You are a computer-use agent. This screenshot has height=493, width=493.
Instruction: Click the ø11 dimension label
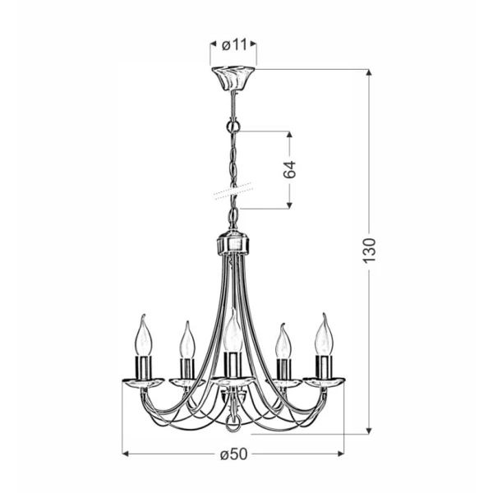[x=233, y=45]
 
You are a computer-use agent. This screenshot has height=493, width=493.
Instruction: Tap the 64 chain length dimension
[x=289, y=170]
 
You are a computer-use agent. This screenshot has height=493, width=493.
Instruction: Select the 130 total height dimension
[x=370, y=248]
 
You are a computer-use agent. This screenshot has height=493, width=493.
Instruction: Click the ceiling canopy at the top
[x=233, y=79]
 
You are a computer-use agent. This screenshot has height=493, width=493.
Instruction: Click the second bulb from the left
[x=187, y=340]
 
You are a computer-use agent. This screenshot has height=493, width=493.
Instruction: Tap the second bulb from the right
[x=283, y=341]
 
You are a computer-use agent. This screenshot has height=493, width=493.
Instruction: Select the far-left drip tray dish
[x=144, y=380]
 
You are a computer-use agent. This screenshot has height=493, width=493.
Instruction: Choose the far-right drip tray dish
[x=324, y=380]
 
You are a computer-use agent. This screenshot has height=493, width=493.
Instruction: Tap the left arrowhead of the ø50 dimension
[x=126, y=454]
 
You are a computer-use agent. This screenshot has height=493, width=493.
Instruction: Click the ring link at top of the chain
[x=233, y=127]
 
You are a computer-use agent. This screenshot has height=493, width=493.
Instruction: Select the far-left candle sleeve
[x=144, y=366]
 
